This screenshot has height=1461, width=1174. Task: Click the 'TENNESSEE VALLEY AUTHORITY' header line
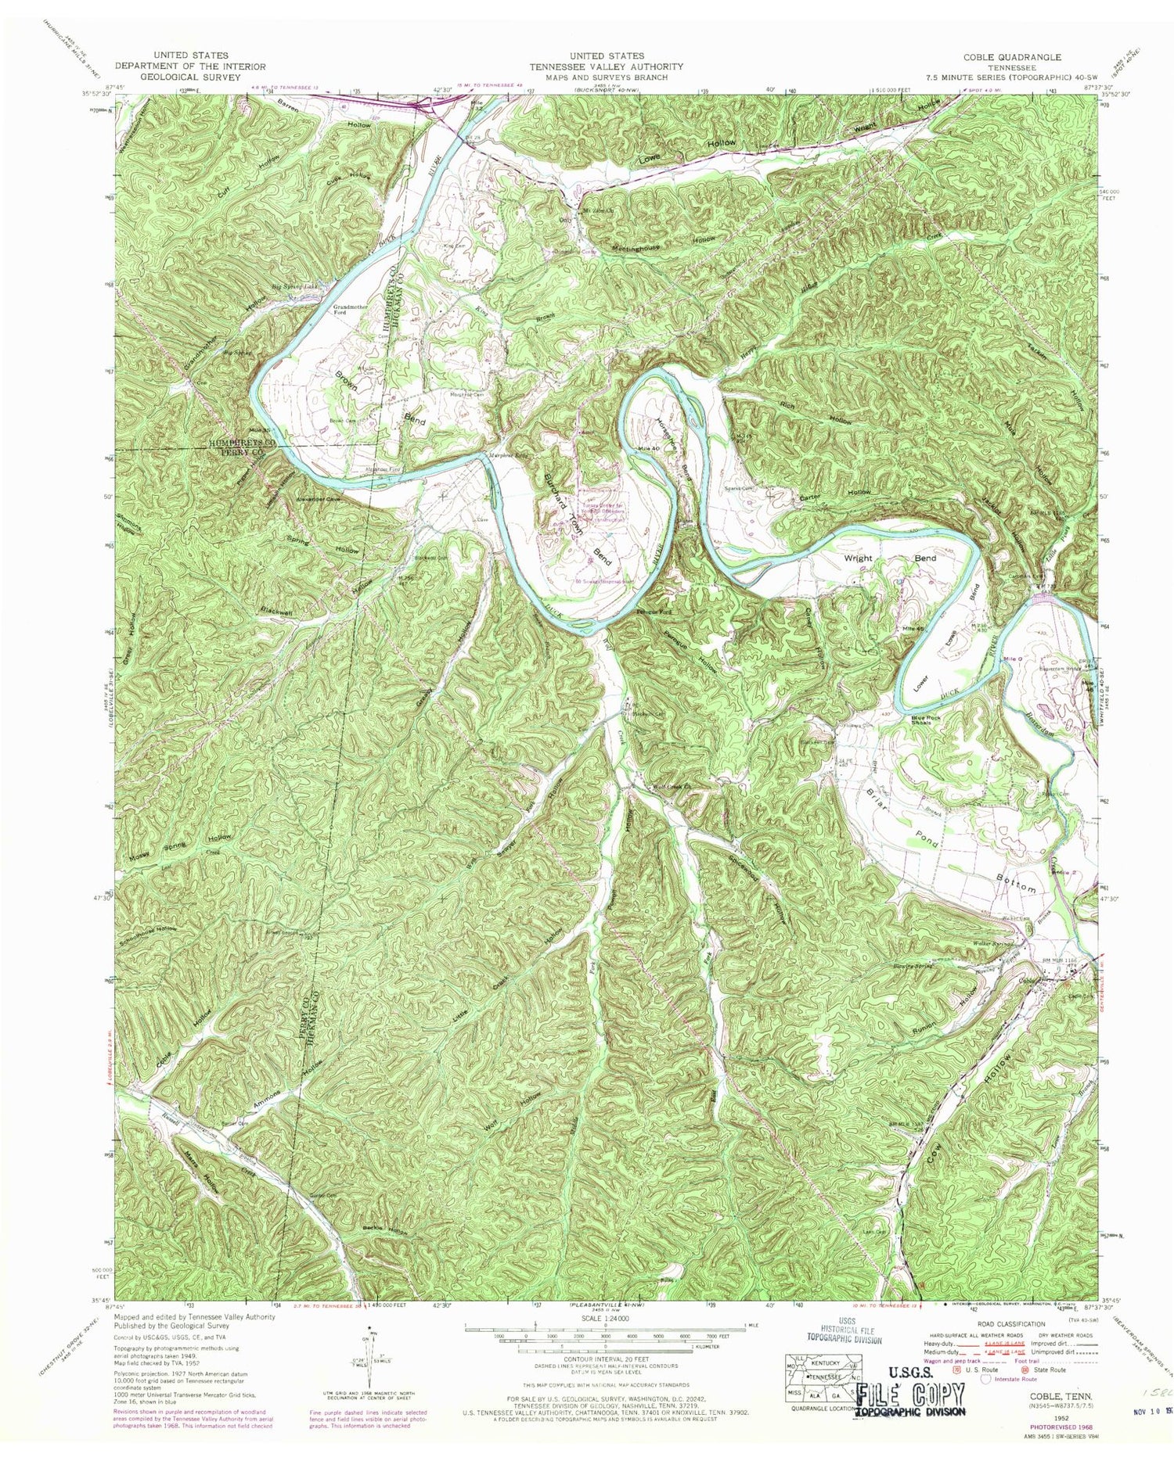(605, 66)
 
